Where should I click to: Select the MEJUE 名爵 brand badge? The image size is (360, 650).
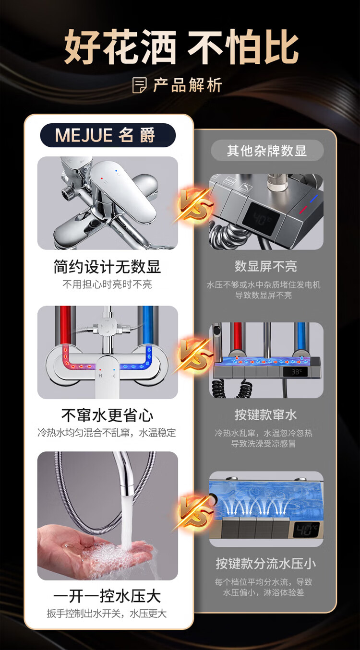108,135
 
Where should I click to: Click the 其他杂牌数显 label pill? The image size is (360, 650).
267,151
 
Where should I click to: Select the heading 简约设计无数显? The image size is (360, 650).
107,267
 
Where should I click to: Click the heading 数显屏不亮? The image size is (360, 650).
265,266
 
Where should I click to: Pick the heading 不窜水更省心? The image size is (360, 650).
107,415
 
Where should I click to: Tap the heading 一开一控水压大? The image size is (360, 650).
107,596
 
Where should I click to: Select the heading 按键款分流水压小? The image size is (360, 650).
265,563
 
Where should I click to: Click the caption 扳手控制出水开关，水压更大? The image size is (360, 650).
107,614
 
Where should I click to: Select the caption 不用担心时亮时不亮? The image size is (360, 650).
107,284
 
